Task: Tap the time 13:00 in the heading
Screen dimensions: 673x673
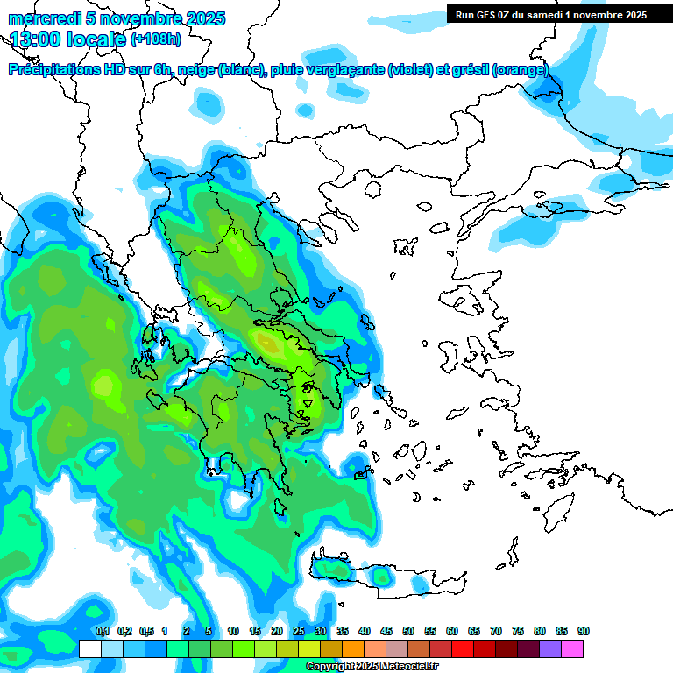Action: [x=36, y=39]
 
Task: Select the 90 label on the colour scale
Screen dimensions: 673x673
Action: [x=584, y=631]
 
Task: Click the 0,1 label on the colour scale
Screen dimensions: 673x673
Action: [x=102, y=631]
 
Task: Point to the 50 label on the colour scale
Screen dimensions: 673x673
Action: [x=408, y=631]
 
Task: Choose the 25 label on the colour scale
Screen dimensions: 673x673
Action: [x=299, y=631]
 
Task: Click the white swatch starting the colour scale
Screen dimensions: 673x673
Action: [x=90, y=648]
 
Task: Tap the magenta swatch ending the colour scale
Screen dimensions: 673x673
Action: [x=572, y=648]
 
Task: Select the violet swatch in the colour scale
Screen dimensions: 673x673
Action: [x=550, y=648]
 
